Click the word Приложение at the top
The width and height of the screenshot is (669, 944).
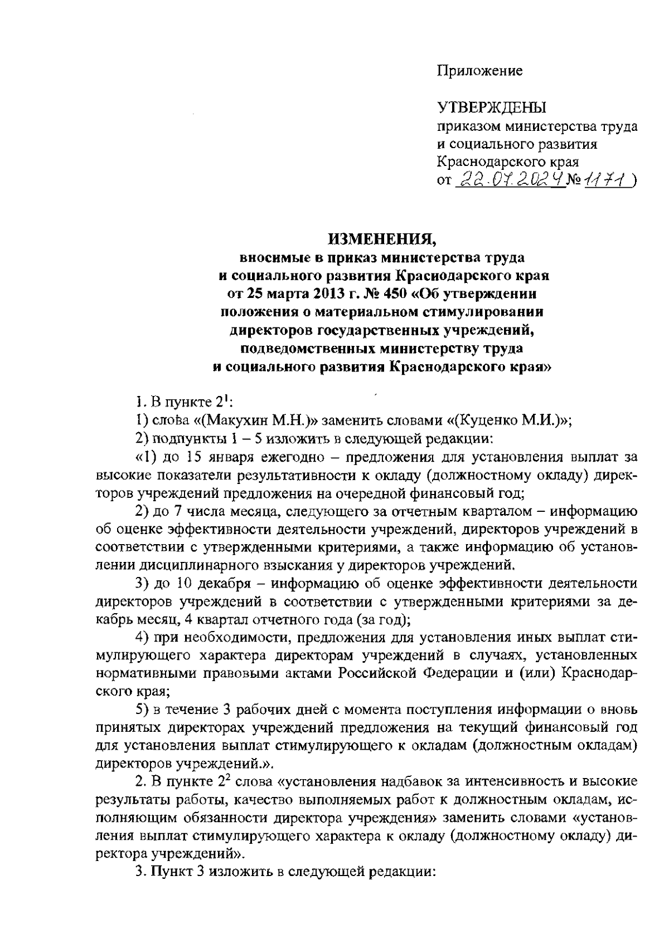pos(479,71)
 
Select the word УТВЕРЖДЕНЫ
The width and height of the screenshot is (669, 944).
pos(491,107)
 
